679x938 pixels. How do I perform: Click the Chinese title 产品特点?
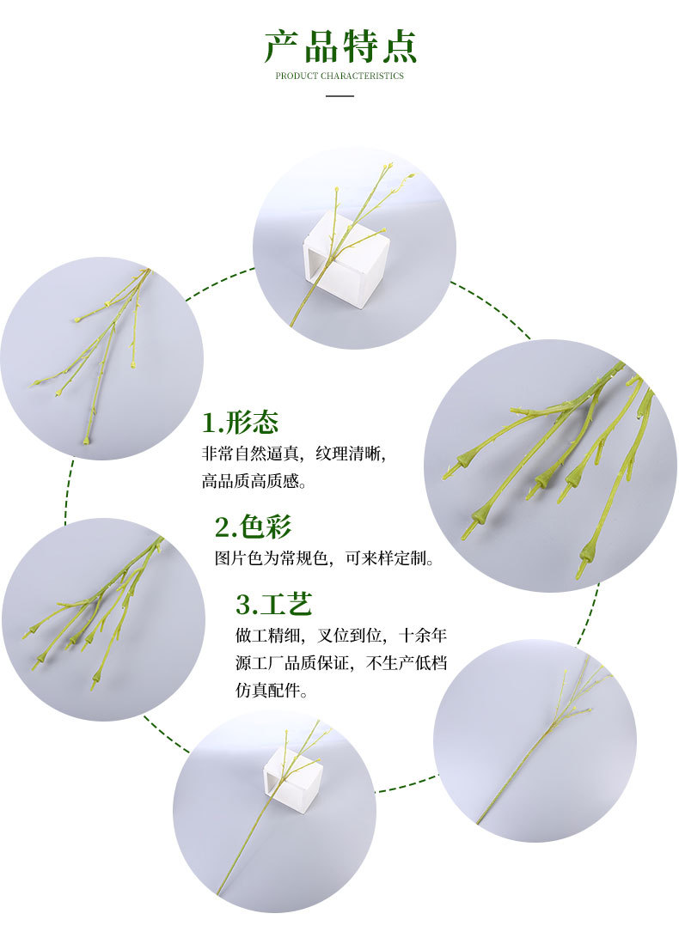339,46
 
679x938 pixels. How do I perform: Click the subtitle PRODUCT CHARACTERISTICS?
339,76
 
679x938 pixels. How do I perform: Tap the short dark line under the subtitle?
339,95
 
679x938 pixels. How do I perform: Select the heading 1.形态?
241,423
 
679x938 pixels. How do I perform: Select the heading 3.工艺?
273,604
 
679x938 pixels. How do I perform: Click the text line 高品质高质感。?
254,482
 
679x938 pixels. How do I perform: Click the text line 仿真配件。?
272,691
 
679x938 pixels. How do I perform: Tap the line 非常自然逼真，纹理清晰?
300,454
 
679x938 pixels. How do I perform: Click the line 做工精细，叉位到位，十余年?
341,636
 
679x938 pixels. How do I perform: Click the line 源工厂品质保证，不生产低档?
341,663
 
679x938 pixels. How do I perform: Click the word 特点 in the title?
379,46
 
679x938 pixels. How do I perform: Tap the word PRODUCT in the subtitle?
297,76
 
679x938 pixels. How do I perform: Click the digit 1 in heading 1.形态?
209,423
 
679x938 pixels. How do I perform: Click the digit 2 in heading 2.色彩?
222,527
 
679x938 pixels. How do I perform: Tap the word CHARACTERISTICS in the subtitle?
362,76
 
